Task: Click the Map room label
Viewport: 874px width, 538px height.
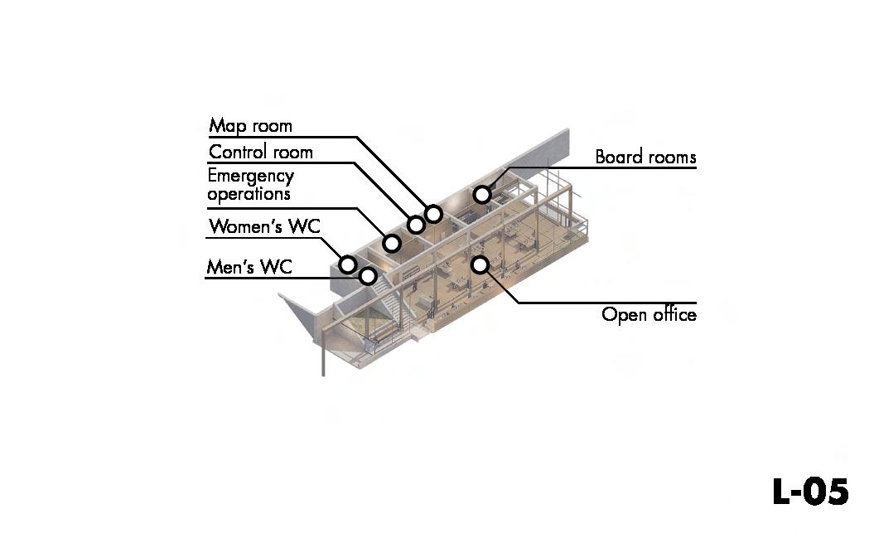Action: pos(250,126)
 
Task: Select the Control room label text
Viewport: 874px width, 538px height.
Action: pos(260,152)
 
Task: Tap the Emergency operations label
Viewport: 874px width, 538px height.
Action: pos(250,185)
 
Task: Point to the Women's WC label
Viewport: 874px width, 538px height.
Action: pos(264,226)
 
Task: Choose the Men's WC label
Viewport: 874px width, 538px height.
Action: pos(249,267)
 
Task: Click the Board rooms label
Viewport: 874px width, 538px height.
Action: pos(645,157)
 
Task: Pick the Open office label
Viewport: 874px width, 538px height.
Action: pos(649,314)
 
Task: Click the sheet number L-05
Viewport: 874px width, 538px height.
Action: pos(809,492)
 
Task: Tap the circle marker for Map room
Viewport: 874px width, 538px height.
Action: pos(432,214)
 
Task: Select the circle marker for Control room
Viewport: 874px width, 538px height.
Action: pos(416,225)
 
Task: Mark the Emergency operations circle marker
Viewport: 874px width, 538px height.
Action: pos(392,244)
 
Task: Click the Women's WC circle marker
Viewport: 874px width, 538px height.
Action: pos(348,264)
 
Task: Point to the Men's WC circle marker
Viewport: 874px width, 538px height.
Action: pos(368,276)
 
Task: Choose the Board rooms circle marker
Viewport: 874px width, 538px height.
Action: pos(481,195)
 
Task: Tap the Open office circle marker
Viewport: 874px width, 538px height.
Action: pos(480,264)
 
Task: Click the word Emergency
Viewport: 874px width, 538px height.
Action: pos(250,177)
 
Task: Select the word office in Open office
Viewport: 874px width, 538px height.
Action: pos(674,314)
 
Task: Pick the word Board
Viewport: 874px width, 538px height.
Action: pos(617,157)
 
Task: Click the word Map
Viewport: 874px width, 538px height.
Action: pos(225,126)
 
